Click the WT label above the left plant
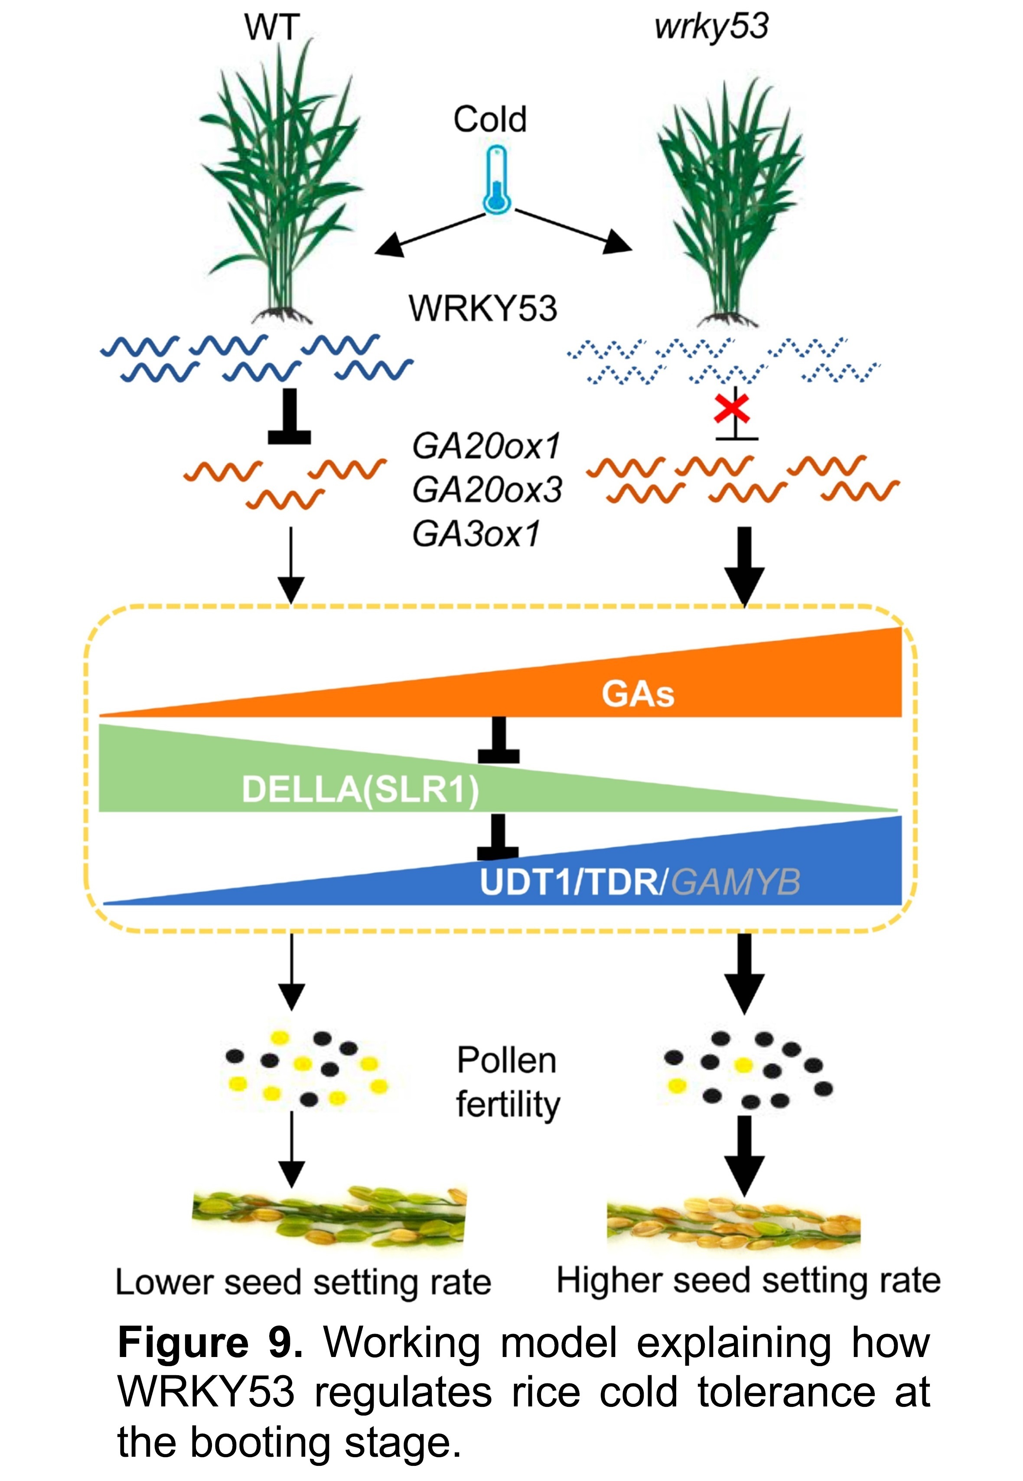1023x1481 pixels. point(272,28)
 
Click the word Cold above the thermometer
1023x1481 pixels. point(490,120)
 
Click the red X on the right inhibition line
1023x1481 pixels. point(732,410)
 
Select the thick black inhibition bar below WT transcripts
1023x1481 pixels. point(289,418)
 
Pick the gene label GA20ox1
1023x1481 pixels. point(486,447)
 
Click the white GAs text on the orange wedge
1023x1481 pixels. point(638,695)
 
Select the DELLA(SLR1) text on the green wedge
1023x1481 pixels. point(360,790)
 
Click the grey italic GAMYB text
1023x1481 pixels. point(736,883)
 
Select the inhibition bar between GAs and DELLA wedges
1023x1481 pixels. point(498,742)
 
